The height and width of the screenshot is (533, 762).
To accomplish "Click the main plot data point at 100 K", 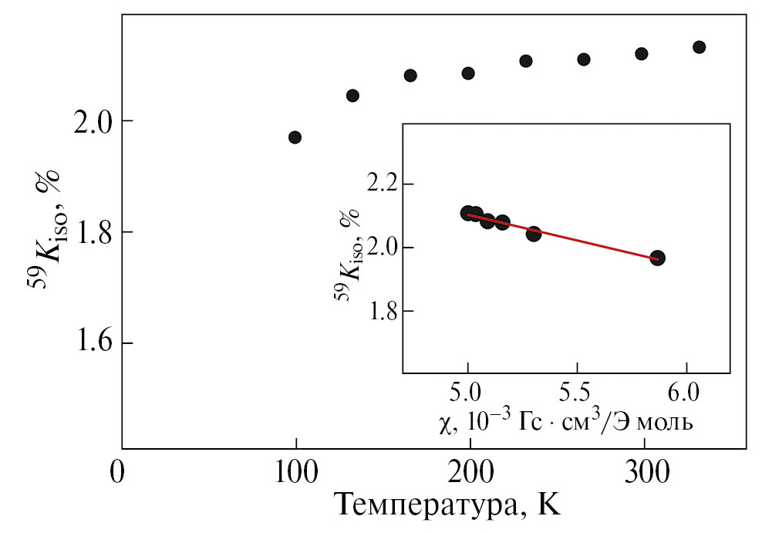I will coord(295,137).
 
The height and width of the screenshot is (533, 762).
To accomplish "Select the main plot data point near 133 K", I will coord(352,96).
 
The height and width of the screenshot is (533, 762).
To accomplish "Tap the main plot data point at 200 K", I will coord(468,73).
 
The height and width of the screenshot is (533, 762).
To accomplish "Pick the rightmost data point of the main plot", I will coord(700,47).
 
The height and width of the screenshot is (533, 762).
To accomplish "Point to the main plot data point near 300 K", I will coord(641,54).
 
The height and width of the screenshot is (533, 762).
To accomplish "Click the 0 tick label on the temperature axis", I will coord(116,471).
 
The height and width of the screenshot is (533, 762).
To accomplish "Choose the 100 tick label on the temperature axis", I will coord(296,471).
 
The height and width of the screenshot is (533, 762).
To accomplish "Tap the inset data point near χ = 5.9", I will coord(657,258).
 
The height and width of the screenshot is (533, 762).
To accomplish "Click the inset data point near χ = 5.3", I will coord(534,234).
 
